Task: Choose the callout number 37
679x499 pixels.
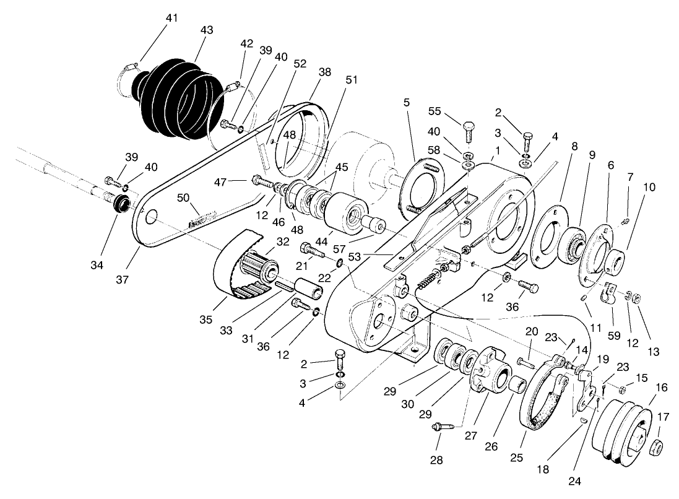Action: (123, 279)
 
